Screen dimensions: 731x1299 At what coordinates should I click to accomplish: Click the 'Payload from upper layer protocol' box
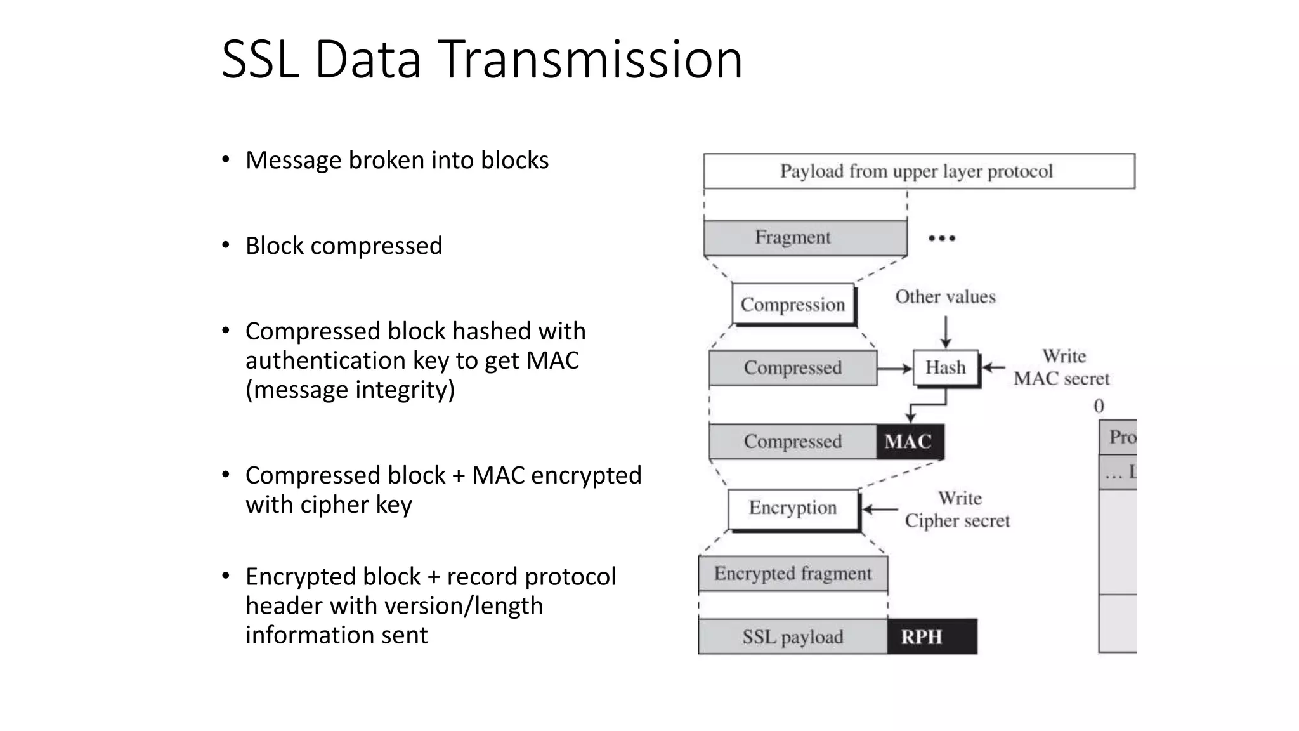pos(918,171)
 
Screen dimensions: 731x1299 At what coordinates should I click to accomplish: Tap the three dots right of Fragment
pos(941,239)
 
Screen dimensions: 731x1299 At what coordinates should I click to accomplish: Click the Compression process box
pos(793,305)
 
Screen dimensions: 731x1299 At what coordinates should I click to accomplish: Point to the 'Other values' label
pos(945,297)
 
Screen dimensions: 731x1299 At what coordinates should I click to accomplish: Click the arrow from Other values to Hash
pos(945,332)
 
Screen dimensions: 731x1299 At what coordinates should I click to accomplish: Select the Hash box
pos(945,367)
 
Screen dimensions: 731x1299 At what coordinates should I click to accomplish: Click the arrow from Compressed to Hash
pos(895,368)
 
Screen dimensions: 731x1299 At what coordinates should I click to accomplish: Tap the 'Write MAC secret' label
pos(1061,367)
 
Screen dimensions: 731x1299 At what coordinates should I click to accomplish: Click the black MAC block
pos(909,442)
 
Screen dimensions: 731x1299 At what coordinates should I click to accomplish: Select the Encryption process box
pos(793,508)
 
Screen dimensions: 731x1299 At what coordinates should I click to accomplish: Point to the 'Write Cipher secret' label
pos(957,510)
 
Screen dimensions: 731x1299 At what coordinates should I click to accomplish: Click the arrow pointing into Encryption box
pos(880,509)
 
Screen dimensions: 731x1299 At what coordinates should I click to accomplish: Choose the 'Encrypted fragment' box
pos(793,574)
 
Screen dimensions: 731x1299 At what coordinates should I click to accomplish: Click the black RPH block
pos(931,636)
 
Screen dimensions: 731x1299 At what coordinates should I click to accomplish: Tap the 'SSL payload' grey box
pos(793,636)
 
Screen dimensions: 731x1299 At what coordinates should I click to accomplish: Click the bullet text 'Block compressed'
pos(344,246)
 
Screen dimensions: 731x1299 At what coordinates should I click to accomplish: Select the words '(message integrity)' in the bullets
pos(350,390)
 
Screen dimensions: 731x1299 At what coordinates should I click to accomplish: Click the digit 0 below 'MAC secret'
pos(1099,406)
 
